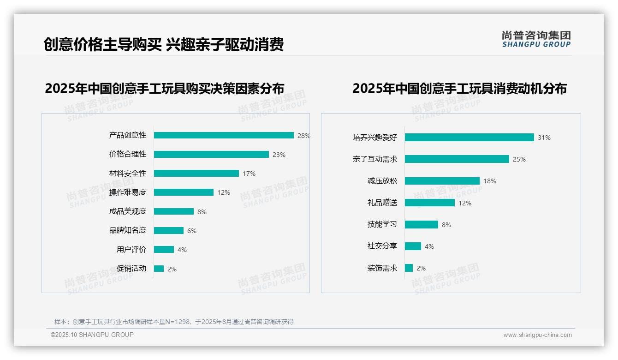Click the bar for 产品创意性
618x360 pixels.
tap(224, 135)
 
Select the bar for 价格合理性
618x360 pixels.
tap(211, 154)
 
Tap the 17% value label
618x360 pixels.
tap(249, 174)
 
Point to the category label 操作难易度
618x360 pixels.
tap(128, 192)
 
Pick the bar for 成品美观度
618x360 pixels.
tap(174, 211)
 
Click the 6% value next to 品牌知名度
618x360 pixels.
tap(192, 231)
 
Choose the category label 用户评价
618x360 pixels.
tap(131, 250)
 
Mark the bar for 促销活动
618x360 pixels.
tap(159, 269)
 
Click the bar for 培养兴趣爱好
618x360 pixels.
tap(469, 137)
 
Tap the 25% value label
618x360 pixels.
tap(519, 159)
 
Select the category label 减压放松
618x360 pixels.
tap(382, 180)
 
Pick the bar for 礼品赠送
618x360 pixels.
tap(429, 203)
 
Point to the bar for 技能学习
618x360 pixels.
tap(421, 224)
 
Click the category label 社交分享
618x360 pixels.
tap(382, 246)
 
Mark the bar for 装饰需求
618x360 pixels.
tap(409, 268)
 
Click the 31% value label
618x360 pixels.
tap(544, 138)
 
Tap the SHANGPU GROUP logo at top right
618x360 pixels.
tap(536, 39)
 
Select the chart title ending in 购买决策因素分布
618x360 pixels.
tap(165, 88)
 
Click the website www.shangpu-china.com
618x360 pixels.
tap(537, 335)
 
